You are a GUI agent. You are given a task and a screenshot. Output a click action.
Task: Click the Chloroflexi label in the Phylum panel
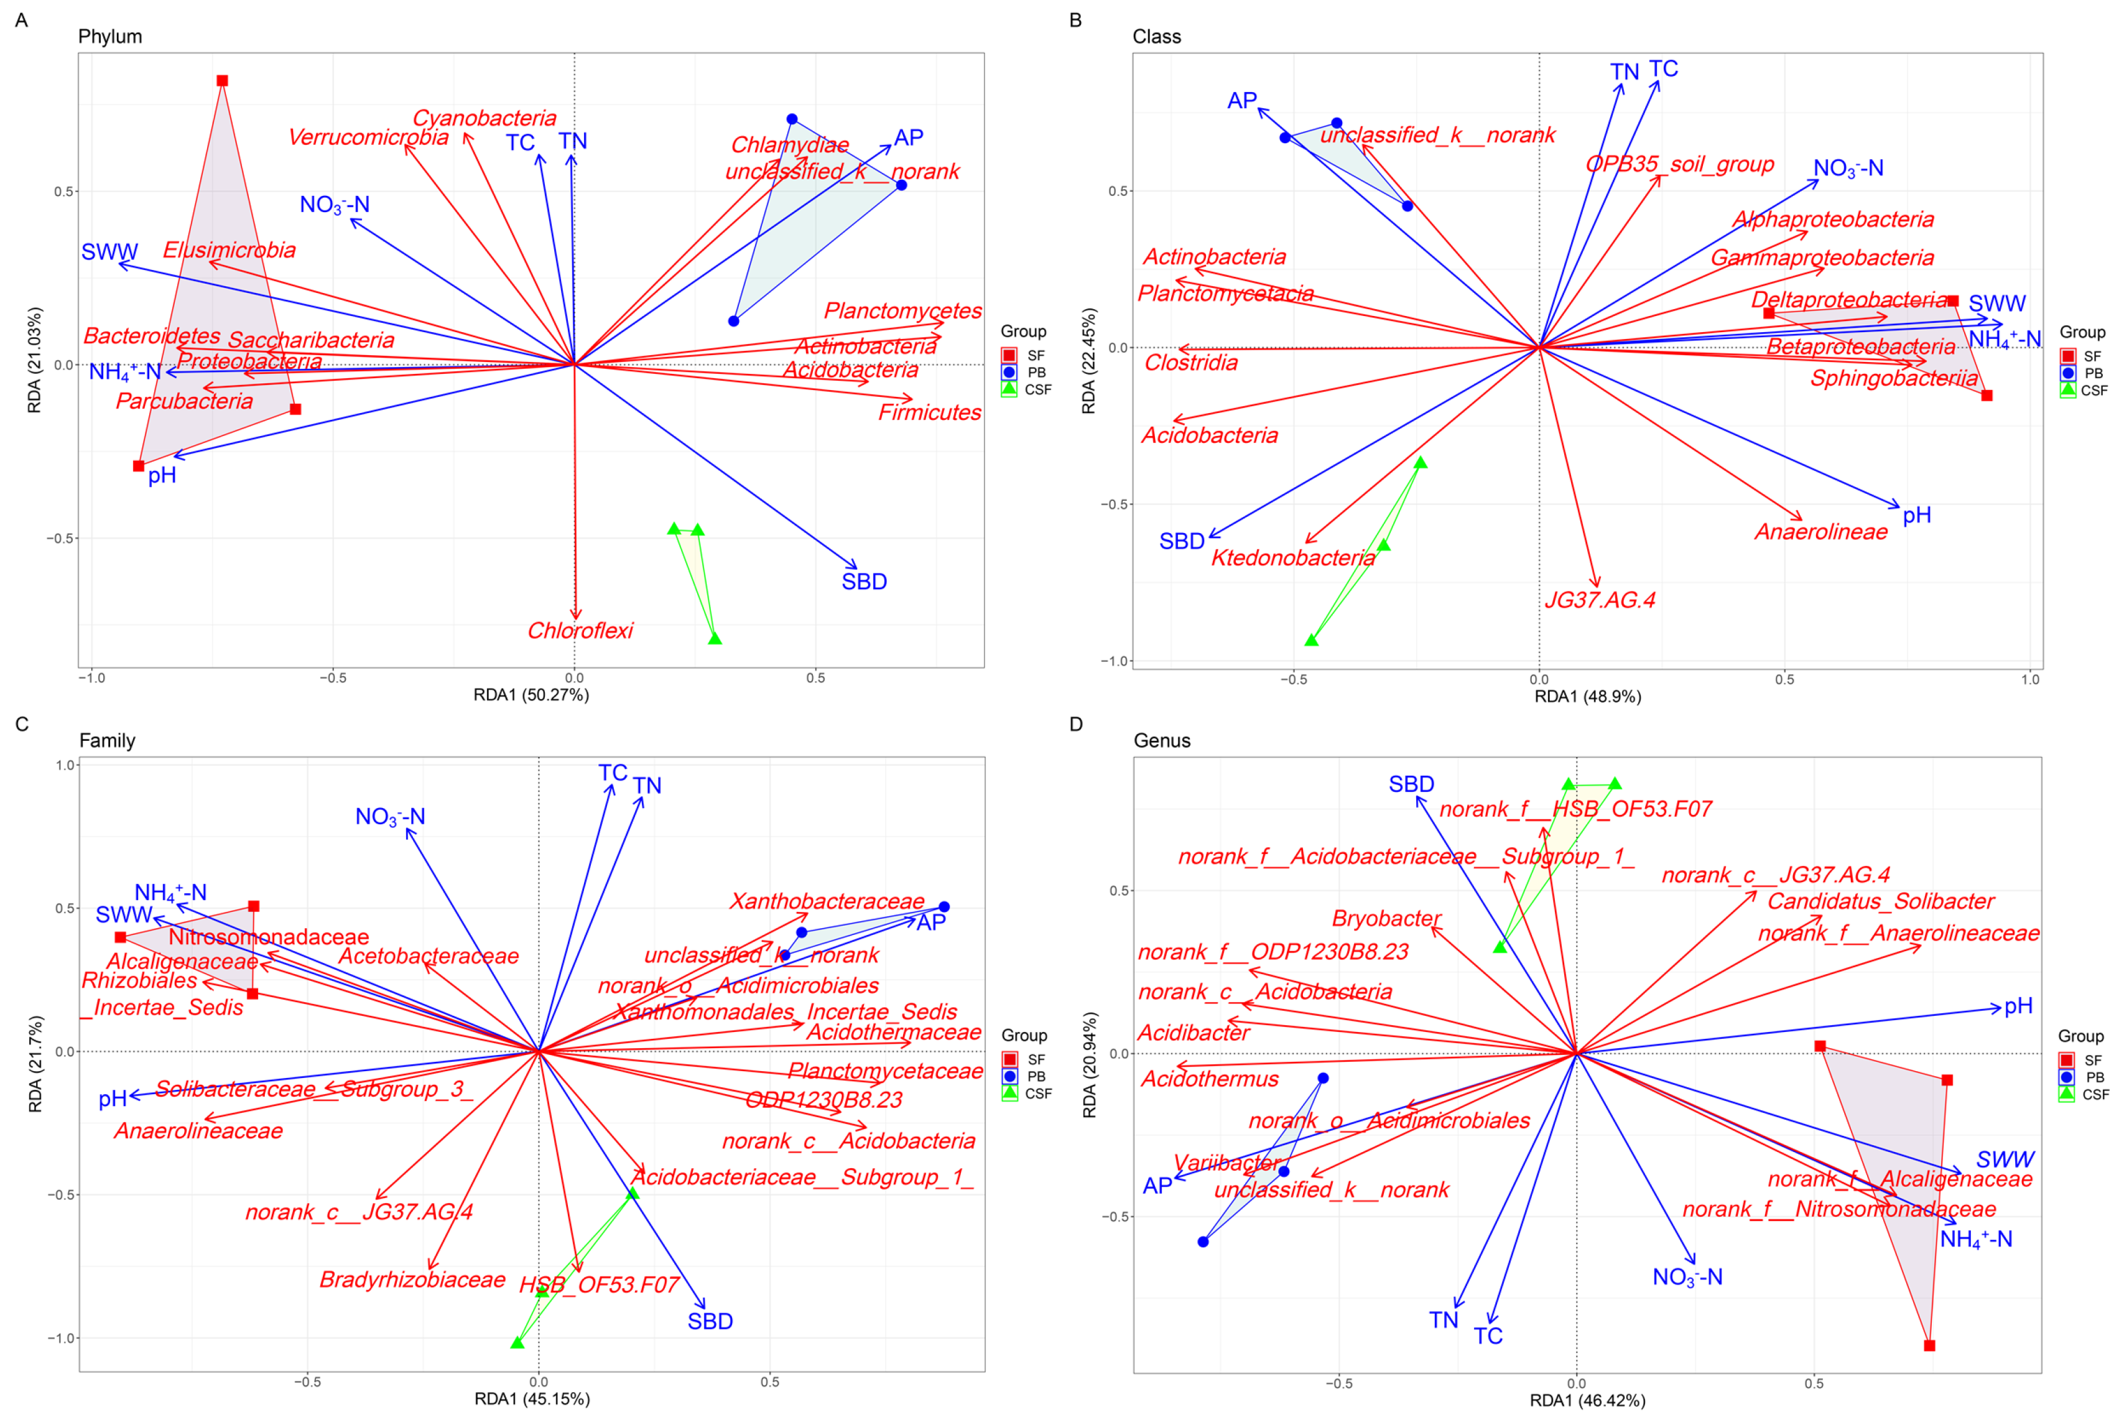(580, 630)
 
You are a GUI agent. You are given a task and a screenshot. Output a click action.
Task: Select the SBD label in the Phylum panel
(863, 582)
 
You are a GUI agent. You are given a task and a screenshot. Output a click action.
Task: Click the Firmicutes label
(929, 412)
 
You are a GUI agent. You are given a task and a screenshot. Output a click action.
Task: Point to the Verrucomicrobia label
(368, 137)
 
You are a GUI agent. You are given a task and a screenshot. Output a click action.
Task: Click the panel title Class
(1156, 36)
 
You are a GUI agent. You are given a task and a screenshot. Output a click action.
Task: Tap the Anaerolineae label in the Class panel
(1820, 531)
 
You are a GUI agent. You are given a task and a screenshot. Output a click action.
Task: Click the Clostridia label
(1190, 363)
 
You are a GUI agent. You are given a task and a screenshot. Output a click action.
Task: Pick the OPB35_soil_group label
(1679, 164)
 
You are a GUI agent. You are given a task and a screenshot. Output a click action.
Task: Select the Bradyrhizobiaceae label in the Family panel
(412, 1279)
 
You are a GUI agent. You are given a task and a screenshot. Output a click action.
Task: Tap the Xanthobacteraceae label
(827, 901)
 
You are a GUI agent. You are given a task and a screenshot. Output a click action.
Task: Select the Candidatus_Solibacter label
(1881, 901)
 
